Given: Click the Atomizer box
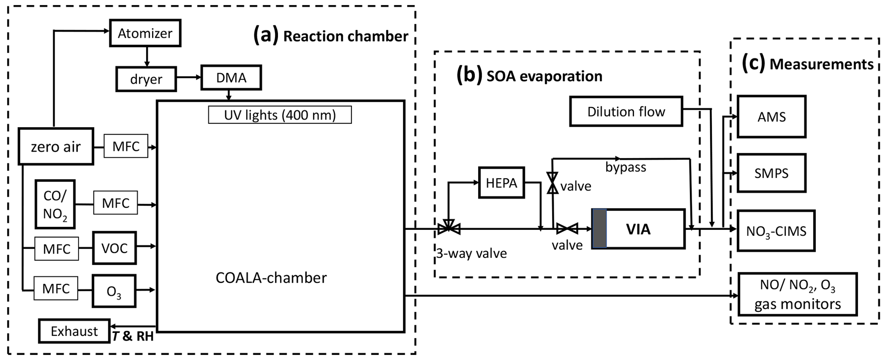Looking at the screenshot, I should click(145, 33).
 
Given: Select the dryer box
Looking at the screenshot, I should click(146, 79).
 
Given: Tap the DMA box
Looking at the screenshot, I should click(231, 78).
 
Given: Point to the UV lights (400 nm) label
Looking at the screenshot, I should click(280, 115).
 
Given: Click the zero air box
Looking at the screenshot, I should click(56, 146).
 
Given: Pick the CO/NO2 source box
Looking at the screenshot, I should click(55, 204).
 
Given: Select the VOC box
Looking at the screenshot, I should click(114, 248).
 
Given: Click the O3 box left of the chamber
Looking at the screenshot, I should click(114, 291).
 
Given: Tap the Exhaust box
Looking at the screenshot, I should click(74, 331).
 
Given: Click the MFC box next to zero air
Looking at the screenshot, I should click(126, 146).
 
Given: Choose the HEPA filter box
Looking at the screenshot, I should click(501, 183).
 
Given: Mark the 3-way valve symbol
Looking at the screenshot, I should click(449, 228).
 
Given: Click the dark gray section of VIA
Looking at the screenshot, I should click(599, 229).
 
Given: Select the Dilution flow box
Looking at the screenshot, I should click(626, 112).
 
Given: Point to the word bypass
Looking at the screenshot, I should click(626, 167).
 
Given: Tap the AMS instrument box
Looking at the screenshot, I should click(772, 116).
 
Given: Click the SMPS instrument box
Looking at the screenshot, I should click(772, 173).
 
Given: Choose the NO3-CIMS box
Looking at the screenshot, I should click(776, 231).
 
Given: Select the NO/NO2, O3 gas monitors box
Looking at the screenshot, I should click(797, 294).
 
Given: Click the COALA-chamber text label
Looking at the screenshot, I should click(271, 278).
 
